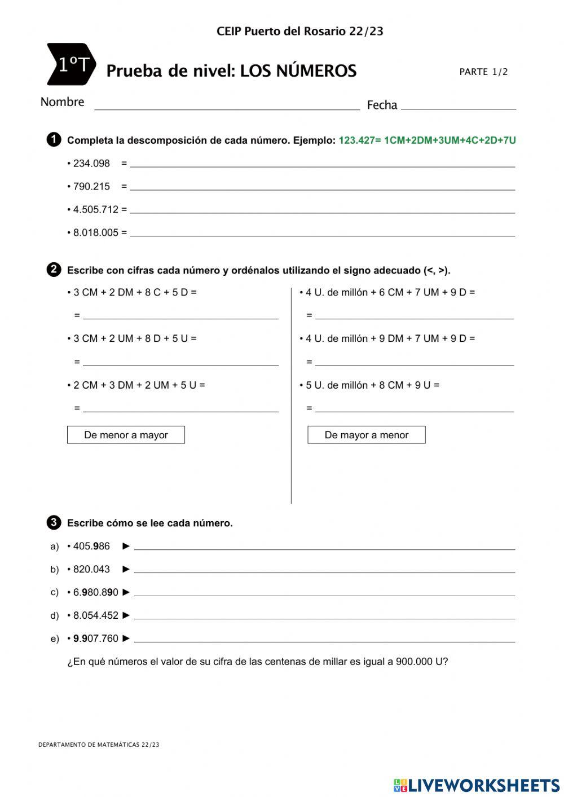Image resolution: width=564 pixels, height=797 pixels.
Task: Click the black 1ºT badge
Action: tap(71, 64)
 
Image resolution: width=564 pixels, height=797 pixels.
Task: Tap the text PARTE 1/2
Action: tap(483, 72)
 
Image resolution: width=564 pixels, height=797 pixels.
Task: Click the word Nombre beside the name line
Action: tap(62, 102)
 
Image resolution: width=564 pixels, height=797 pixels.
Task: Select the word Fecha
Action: tap(382, 105)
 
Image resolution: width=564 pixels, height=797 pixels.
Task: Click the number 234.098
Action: tap(91, 164)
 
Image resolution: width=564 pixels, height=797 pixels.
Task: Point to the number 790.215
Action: tap(91, 187)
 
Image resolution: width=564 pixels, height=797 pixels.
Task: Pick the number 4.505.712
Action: tap(96, 210)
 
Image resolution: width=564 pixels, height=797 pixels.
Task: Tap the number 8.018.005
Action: tap(96, 233)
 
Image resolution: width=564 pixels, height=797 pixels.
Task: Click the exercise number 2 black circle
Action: tap(54, 270)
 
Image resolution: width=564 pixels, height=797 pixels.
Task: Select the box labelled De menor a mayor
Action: tap(126, 435)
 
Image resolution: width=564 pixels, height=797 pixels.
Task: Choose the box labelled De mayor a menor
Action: tap(366, 435)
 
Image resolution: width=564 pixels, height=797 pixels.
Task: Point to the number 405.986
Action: tap(91, 546)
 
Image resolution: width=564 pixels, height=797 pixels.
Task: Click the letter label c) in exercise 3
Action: tap(55, 592)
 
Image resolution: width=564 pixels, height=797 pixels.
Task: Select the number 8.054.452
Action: tap(96, 615)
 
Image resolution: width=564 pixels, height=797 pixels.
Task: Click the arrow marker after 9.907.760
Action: tap(126, 639)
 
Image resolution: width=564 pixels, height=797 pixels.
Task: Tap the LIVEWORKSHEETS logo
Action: tap(477, 785)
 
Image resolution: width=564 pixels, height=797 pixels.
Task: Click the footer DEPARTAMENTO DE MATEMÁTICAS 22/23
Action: tap(99, 745)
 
